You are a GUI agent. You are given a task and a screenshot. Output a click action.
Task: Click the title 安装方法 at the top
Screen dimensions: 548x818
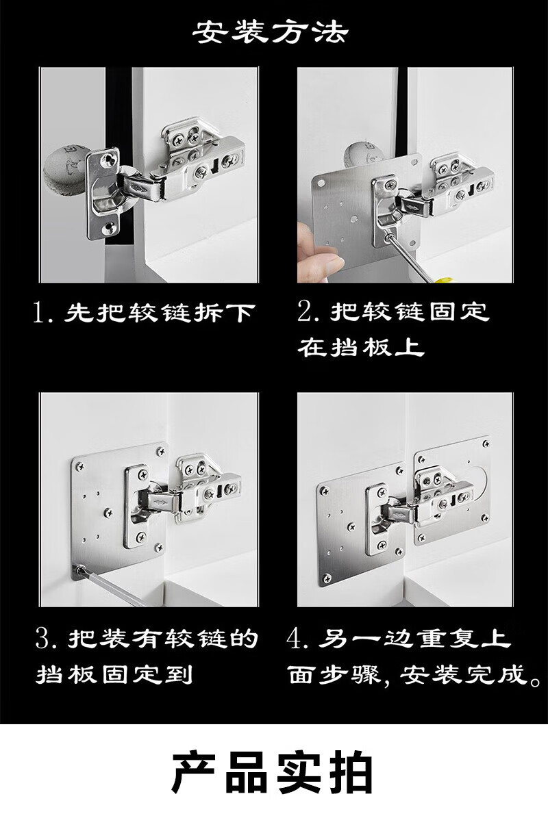pyautogui.click(x=270, y=32)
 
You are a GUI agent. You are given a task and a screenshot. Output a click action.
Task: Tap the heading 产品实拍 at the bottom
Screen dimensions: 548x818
pyautogui.click(x=273, y=772)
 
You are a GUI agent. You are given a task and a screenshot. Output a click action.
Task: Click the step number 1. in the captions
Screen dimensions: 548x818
pyautogui.click(x=42, y=313)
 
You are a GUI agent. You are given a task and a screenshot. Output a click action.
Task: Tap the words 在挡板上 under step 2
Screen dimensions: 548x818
pyautogui.click(x=361, y=347)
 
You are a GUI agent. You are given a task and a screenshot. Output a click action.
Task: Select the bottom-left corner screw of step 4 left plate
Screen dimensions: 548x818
pyautogui.click(x=327, y=578)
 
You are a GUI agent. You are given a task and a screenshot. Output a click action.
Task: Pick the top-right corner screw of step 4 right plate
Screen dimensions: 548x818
pyautogui.click(x=485, y=444)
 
